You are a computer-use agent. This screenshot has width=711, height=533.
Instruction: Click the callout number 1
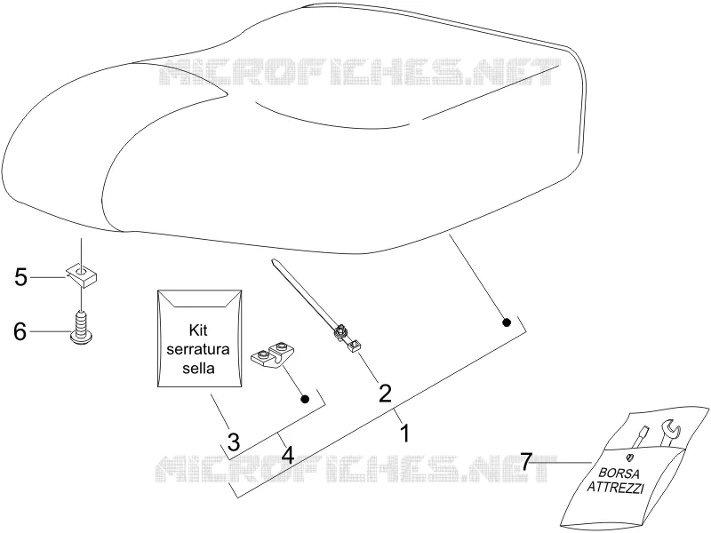(x=405, y=433)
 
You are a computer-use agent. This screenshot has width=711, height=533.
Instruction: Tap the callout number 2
(x=385, y=393)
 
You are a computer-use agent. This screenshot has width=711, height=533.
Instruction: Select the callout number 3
(x=233, y=442)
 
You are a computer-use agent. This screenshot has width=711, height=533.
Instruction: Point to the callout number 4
(x=287, y=454)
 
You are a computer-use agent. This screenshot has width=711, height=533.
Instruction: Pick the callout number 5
(x=20, y=277)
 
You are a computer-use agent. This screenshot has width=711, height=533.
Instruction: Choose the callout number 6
(x=20, y=331)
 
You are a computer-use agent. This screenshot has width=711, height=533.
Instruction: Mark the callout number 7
(x=526, y=462)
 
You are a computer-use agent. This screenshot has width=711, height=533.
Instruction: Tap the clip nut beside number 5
(x=83, y=274)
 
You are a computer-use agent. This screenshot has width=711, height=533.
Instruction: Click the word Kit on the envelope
(x=198, y=330)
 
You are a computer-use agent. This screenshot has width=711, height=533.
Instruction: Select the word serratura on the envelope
(x=198, y=349)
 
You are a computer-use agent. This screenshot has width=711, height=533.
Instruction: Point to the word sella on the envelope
(x=198, y=368)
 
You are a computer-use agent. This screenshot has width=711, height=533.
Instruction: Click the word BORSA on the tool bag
(x=619, y=473)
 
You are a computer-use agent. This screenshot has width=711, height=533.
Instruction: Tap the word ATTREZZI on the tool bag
(x=615, y=488)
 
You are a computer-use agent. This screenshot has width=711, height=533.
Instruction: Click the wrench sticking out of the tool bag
(x=669, y=432)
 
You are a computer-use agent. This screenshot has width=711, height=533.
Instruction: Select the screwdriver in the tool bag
(x=640, y=437)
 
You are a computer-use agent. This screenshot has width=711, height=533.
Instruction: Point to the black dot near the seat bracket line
(x=507, y=322)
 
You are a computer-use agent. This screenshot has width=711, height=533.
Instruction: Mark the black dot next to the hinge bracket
(x=305, y=399)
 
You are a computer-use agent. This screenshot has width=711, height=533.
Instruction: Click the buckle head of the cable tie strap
(x=340, y=334)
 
